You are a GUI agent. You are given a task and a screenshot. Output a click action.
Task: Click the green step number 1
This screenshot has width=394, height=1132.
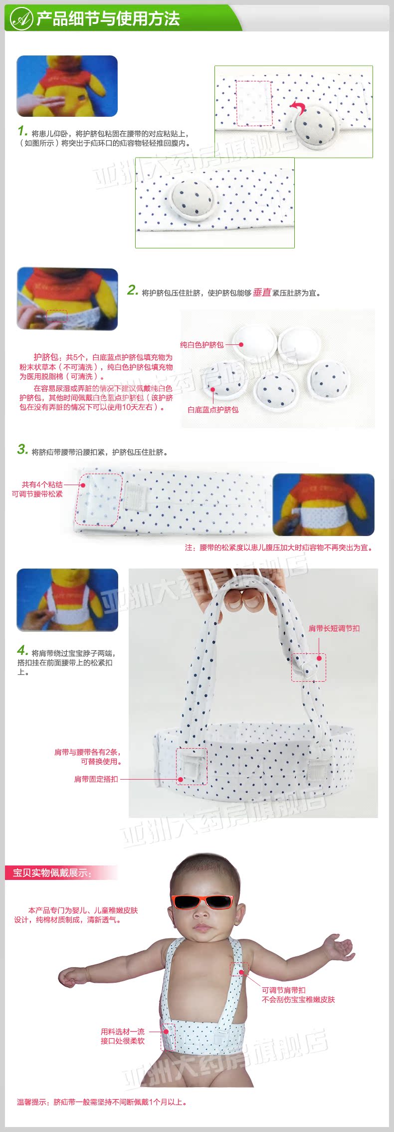(x=22, y=131)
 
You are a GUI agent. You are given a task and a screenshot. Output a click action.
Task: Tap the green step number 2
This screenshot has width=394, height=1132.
(x=132, y=290)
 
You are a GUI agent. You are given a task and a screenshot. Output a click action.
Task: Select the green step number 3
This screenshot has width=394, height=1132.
(x=22, y=449)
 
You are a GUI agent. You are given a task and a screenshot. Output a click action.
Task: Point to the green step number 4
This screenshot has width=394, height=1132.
(x=22, y=650)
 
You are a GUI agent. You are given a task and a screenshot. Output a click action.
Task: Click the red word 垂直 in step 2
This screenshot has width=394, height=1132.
(x=262, y=292)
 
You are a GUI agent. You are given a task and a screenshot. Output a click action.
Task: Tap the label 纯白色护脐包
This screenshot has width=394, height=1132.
(x=201, y=344)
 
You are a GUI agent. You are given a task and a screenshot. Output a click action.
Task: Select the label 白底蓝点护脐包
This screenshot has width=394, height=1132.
(x=213, y=410)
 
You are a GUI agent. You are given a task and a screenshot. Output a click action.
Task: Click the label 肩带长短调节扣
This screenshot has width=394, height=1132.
(x=334, y=628)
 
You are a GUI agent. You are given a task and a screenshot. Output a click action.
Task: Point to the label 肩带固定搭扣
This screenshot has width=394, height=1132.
(x=96, y=779)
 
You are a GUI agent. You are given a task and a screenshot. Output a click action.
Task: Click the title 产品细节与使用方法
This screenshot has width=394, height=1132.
(x=108, y=19)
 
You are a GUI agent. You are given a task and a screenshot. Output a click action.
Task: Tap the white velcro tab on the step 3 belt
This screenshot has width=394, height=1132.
(x=136, y=496)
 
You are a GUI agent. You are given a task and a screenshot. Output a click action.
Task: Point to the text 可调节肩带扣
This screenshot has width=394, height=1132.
(x=284, y=990)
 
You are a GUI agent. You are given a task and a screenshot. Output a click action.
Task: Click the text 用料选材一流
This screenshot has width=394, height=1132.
(x=123, y=1032)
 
